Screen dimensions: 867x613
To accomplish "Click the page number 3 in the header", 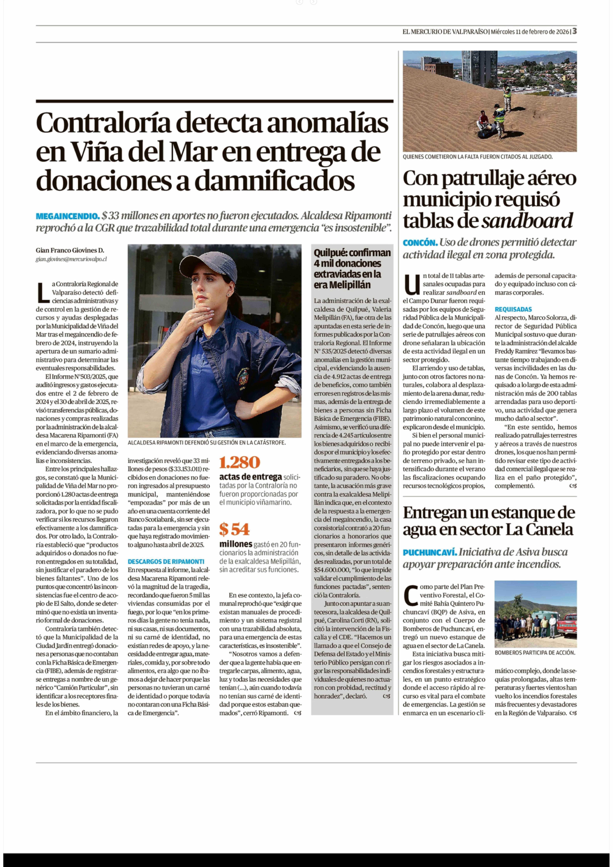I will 574,31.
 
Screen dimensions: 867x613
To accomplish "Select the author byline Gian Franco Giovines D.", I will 70,250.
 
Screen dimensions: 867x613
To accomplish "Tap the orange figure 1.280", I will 240,462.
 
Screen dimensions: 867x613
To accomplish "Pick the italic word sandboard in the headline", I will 527,221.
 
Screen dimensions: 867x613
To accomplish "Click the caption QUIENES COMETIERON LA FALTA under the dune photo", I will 477,157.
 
